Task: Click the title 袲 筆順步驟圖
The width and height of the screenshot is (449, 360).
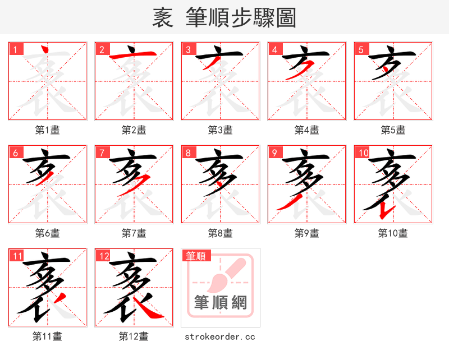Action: click(x=224, y=17)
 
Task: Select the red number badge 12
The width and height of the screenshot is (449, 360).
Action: click(x=104, y=256)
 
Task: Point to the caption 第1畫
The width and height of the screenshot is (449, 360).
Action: click(x=48, y=130)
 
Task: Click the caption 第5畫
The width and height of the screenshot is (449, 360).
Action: click(x=393, y=130)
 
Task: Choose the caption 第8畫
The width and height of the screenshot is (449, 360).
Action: click(x=220, y=233)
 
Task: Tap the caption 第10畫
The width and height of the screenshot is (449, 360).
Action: click(x=393, y=233)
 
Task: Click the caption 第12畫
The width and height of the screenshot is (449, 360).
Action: click(x=134, y=336)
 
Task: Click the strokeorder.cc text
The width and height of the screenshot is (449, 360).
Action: click(x=220, y=336)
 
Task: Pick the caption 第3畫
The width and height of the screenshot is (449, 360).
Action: click(x=220, y=130)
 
